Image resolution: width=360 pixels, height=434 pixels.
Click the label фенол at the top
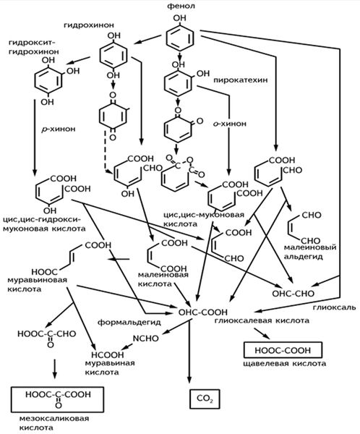[181, 6]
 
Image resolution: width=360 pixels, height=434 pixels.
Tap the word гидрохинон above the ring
[89, 25]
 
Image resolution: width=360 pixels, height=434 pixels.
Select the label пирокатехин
[241, 80]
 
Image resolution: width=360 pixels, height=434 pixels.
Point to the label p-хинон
[58, 129]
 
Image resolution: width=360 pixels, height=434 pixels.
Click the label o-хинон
[229, 124]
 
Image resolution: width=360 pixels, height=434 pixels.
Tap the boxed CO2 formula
[205, 399]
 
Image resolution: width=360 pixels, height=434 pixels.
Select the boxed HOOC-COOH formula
[283, 350]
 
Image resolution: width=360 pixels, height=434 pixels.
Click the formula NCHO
[145, 339]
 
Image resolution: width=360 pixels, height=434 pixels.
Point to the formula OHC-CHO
[293, 294]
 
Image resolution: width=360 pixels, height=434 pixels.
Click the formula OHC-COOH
[203, 312]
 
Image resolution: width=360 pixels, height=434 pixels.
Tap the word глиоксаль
[334, 307]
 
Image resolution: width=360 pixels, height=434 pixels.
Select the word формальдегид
[129, 322]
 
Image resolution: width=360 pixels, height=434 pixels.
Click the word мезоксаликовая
[54, 418]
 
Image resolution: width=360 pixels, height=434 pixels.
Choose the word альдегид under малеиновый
[304, 257]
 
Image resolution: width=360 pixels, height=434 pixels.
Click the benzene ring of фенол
[180, 38]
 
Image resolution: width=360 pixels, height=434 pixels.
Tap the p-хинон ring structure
[113, 116]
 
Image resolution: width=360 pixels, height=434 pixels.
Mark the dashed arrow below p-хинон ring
[108, 152]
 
